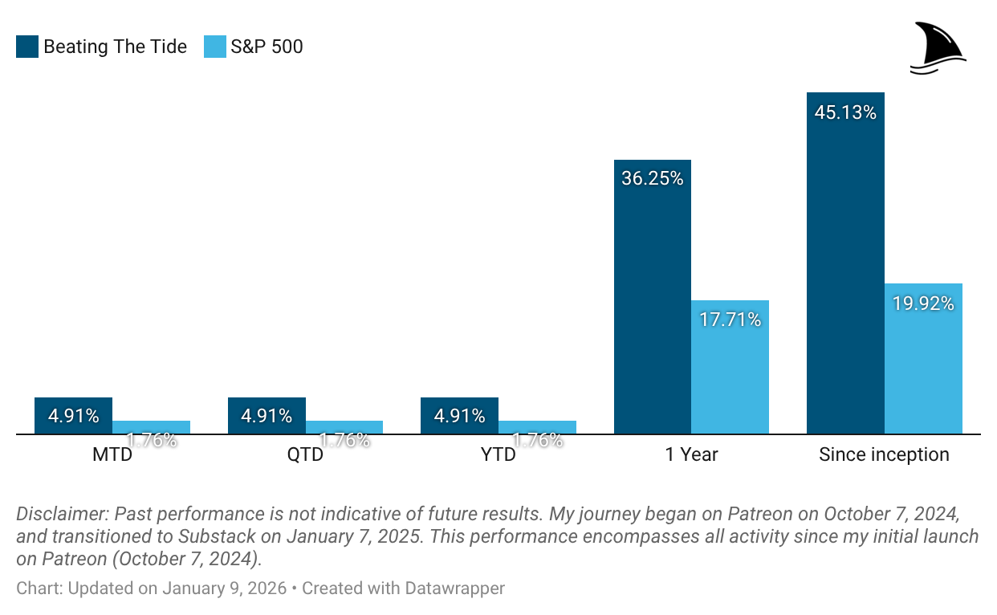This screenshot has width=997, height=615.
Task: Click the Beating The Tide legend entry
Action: pyautogui.click(x=102, y=47)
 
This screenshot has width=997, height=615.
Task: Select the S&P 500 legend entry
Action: pyautogui.click(x=254, y=47)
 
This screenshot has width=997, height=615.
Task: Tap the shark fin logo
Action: pyautogui.click(x=938, y=49)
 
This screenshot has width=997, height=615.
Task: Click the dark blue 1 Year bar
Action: pyautogui.click(x=652, y=305)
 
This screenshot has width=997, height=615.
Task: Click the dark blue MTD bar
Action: pyautogui.click(x=73, y=416)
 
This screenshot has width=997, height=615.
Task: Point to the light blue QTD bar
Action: pyautogui.click(x=344, y=427)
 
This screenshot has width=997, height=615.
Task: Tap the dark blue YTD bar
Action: pyautogui.click(x=459, y=416)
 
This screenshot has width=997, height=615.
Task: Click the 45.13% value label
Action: pyautogui.click(x=845, y=113)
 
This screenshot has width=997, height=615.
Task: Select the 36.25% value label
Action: pyautogui.click(x=652, y=179)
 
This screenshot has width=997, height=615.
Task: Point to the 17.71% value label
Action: pyautogui.click(x=730, y=320)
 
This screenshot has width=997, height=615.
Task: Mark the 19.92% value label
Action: pyautogui.click(x=923, y=303)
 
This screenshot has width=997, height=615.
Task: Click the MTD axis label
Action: pyautogui.click(x=112, y=455)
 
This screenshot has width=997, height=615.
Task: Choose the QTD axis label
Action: pyautogui.click(x=305, y=455)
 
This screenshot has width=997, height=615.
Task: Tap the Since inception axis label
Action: pyautogui.click(x=884, y=455)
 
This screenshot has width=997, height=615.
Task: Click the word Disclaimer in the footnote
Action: pyautogui.click(x=60, y=514)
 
